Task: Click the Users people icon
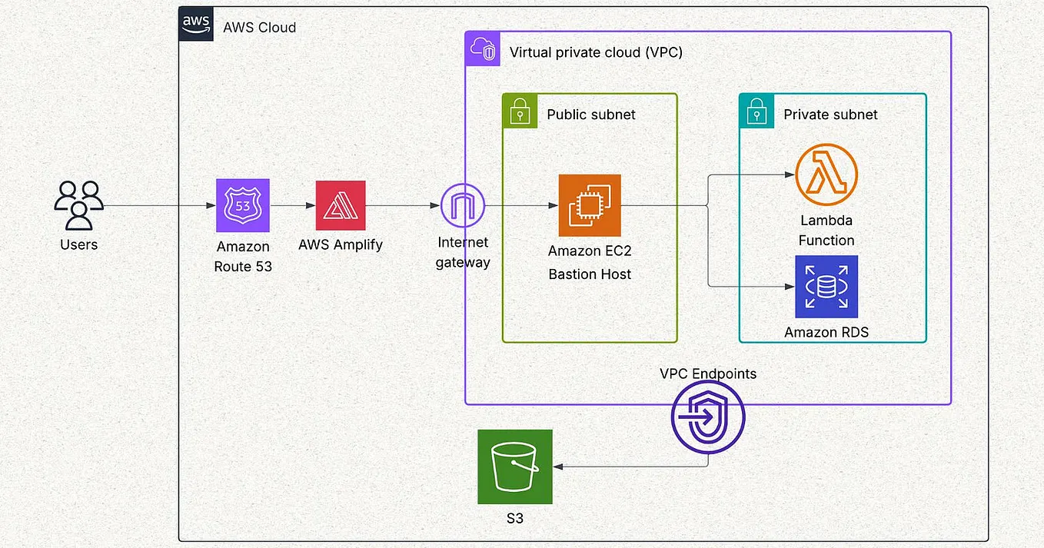pyautogui.click(x=78, y=205)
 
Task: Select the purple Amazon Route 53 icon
pyautogui.click(x=243, y=205)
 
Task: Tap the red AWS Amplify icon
pyautogui.click(x=341, y=205)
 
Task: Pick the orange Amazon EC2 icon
pyautogui.click(x=590, y=205)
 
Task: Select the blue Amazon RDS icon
pyautogui.click(x=826, y=287)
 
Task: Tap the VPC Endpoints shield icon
pyautogui.click(x=708, y=418)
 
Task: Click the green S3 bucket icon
pyautogui.click(x=515, y=467)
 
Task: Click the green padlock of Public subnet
pyautogui.click(x=520, y=111)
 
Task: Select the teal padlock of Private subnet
pyautogui.click(x=756, y=111)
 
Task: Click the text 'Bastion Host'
pyautogui.click(x=590, y=274)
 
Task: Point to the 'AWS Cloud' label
pyautogui.click(x=259, y=28)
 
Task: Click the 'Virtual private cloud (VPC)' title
pyautogui.click(x=596, y=52)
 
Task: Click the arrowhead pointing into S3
pyautogui.click(x=559, y=467)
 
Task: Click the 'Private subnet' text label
pyautogui.click(x=830, y=115)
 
